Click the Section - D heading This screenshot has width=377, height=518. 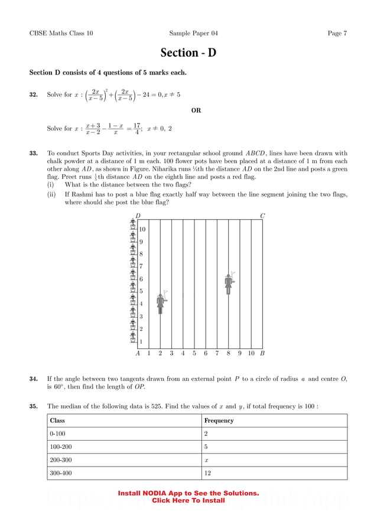[x=188, y=53]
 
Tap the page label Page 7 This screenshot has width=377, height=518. [x=337, y=34]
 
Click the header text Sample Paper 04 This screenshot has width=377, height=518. [x=193, y=34]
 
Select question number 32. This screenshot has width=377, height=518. [x=34, y=95]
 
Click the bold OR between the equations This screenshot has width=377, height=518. [x=197, y=110]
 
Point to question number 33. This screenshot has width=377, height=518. [x=34, y=154]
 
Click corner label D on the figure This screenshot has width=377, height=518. [x=138, y=216]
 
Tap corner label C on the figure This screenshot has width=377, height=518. [x=262, y=216]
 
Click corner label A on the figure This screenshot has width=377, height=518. [x=138, y=354]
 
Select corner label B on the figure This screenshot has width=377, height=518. [x=262, y=354]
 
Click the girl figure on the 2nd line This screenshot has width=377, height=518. [x=161, y=303]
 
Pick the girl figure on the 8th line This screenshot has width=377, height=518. [x=229, y=284]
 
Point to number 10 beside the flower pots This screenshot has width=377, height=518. [x=142, y=229]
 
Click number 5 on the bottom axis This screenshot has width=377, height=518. [x=194, y=354]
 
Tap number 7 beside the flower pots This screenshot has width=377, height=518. [x=141, y=266]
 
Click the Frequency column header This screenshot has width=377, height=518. [x=219, y=421]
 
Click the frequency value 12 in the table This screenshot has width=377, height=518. [x=207, y=473]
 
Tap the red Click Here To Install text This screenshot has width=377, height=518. [x=188, y=501]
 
